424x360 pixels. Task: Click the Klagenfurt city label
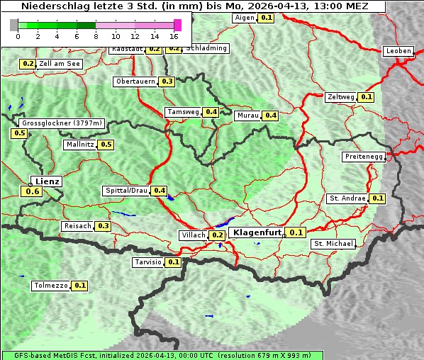pyautogui.click(x=256, y=232)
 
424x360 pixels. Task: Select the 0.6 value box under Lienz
pyautogui.click(x=32, y=191)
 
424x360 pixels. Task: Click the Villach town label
pyautogui.click(x=194, y=235)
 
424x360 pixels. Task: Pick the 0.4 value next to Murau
pyautogui.click(x=270, y=116)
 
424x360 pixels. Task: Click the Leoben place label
pyautogui.click(x=398, y=51)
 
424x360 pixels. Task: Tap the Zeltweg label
pyautogui.click(x=341, y=97)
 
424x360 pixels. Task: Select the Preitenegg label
pyautogui.click(x=364, y=157)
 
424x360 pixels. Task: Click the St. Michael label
pyautogui.click(x=333, y=244)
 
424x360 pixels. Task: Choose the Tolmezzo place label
pyautogui.click(x=51, y=286)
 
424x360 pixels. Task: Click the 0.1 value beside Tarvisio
pyautogui.click(x=174, y=262)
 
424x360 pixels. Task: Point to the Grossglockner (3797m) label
pyautogui.click(x=62, y=123)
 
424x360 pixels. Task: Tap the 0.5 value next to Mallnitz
pyautogui.click(x=106, y=145)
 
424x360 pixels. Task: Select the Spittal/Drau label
pyautogui.click(x=126, y=191)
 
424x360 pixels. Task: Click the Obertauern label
pyautogui.click(x=135, y=81)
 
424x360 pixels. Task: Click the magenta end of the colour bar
pyautogui.click(x=177, y=25)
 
